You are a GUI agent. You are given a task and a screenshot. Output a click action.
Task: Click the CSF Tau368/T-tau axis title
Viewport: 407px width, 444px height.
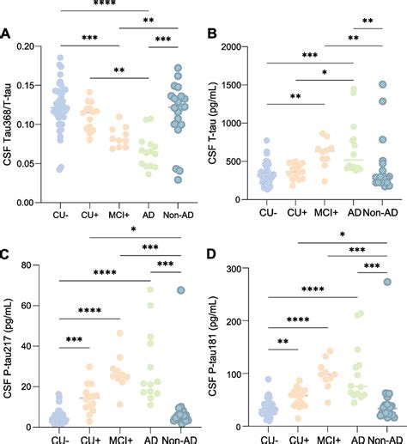[11, 121]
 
